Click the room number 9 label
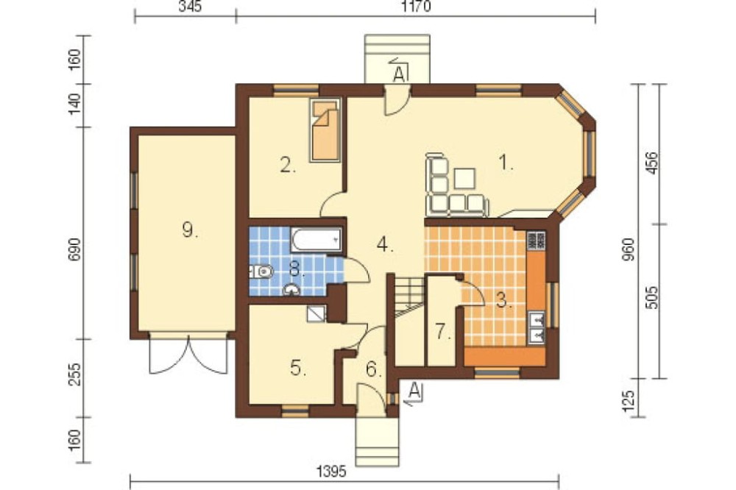point(189,230)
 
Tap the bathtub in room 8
point(316,239)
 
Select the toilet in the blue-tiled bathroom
point(261,271)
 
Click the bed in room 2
point(325,130)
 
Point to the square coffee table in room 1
point(464,178)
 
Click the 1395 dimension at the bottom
point(332,471)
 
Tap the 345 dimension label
point(191,7)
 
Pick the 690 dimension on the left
point(77,249)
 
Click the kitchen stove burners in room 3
point(536,240)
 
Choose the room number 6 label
point(373,370)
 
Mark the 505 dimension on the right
point(652,297)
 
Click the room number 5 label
point(298,368)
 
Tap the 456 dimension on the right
point(652,163)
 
